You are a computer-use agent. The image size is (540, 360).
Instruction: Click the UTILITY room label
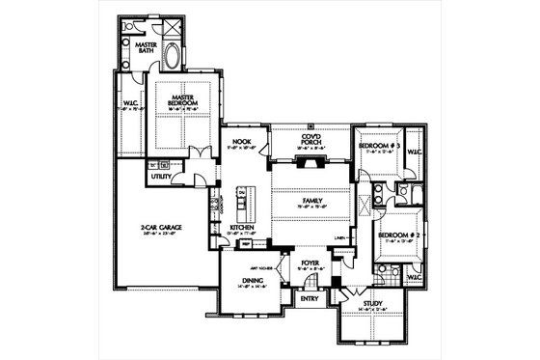pyautogui.click(x=161, y=178)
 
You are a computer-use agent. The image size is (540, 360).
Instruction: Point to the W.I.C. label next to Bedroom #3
pyautogui.click(x=413, y=151)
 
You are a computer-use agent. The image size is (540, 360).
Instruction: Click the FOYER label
pyautogui.click(x=308, y=262)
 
